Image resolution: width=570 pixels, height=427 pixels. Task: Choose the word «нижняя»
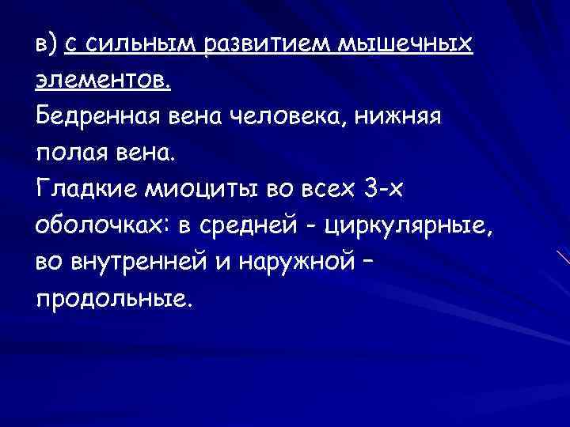407,116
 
